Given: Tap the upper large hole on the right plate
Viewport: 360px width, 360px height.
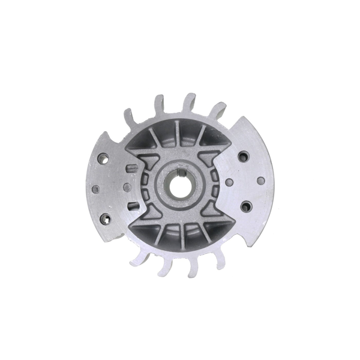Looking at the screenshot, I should pos(243,157).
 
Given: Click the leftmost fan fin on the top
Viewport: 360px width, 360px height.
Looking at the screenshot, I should pos(128,116).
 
